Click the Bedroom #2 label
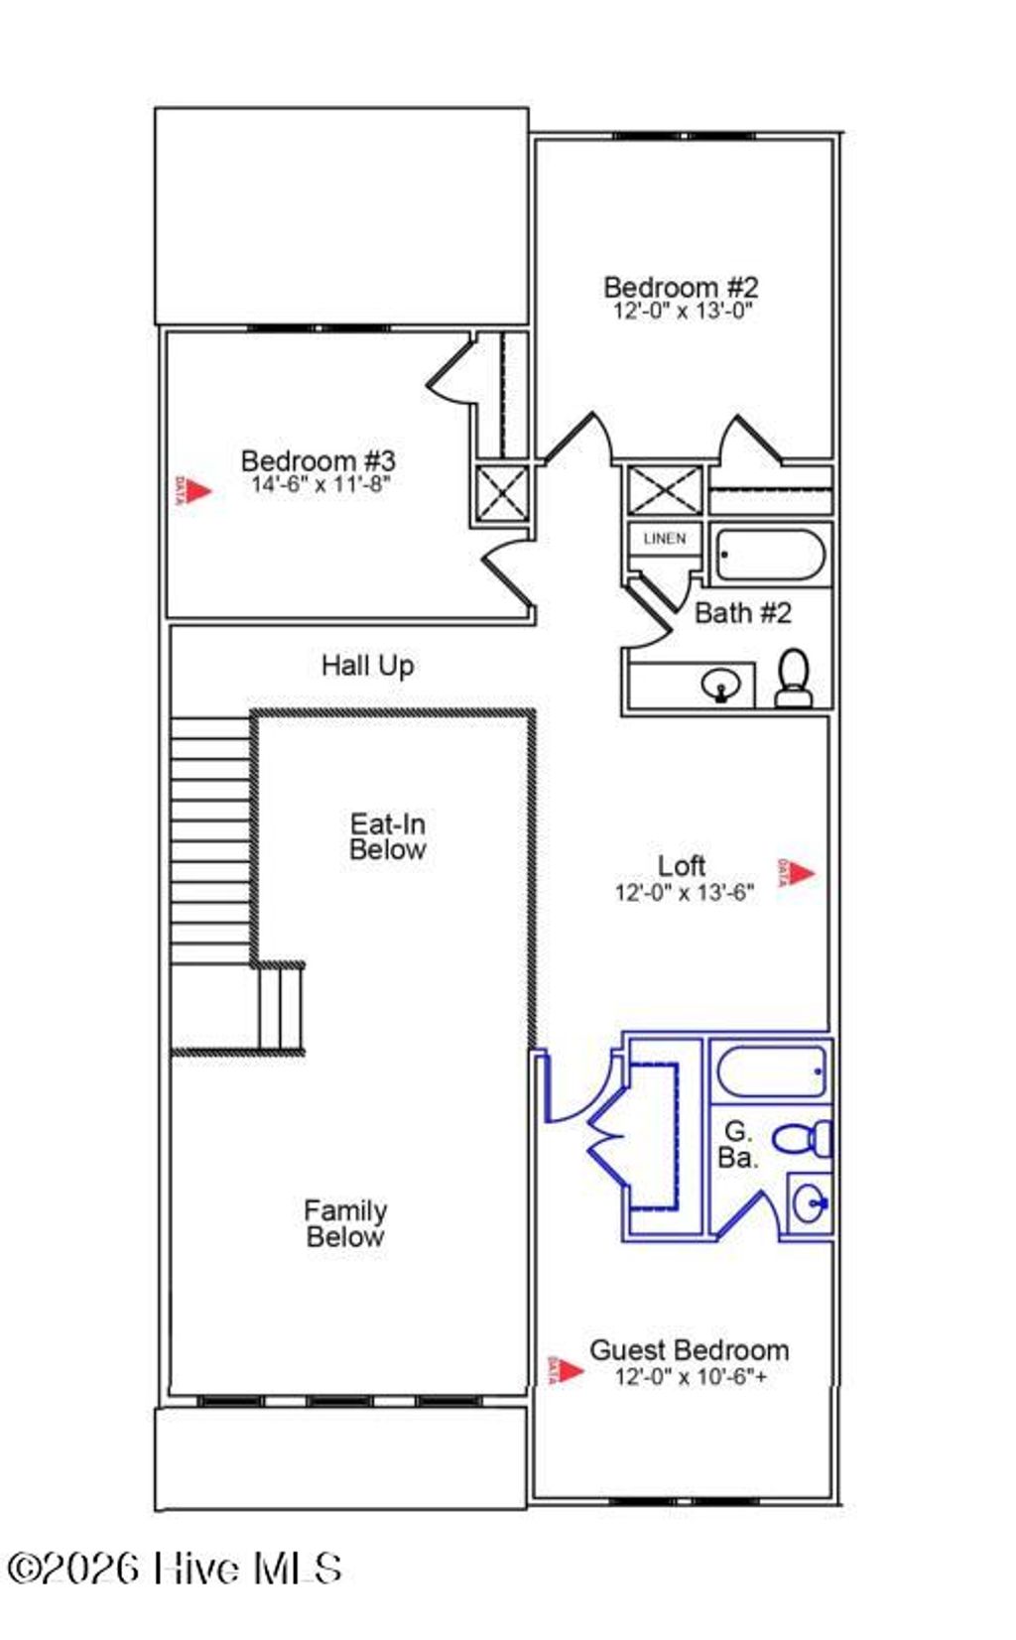681,287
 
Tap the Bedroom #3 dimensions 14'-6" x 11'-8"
320,484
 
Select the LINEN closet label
664,539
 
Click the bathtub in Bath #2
770,556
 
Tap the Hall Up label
367,665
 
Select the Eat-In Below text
388,836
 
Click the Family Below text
345,1223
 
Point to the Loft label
682,865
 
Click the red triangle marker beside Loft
798,872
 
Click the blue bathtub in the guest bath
770,1072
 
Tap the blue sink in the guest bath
811,1203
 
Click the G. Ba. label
738,1144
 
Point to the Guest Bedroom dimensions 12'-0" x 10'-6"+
691,1376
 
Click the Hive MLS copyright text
176,1569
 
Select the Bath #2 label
742,613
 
